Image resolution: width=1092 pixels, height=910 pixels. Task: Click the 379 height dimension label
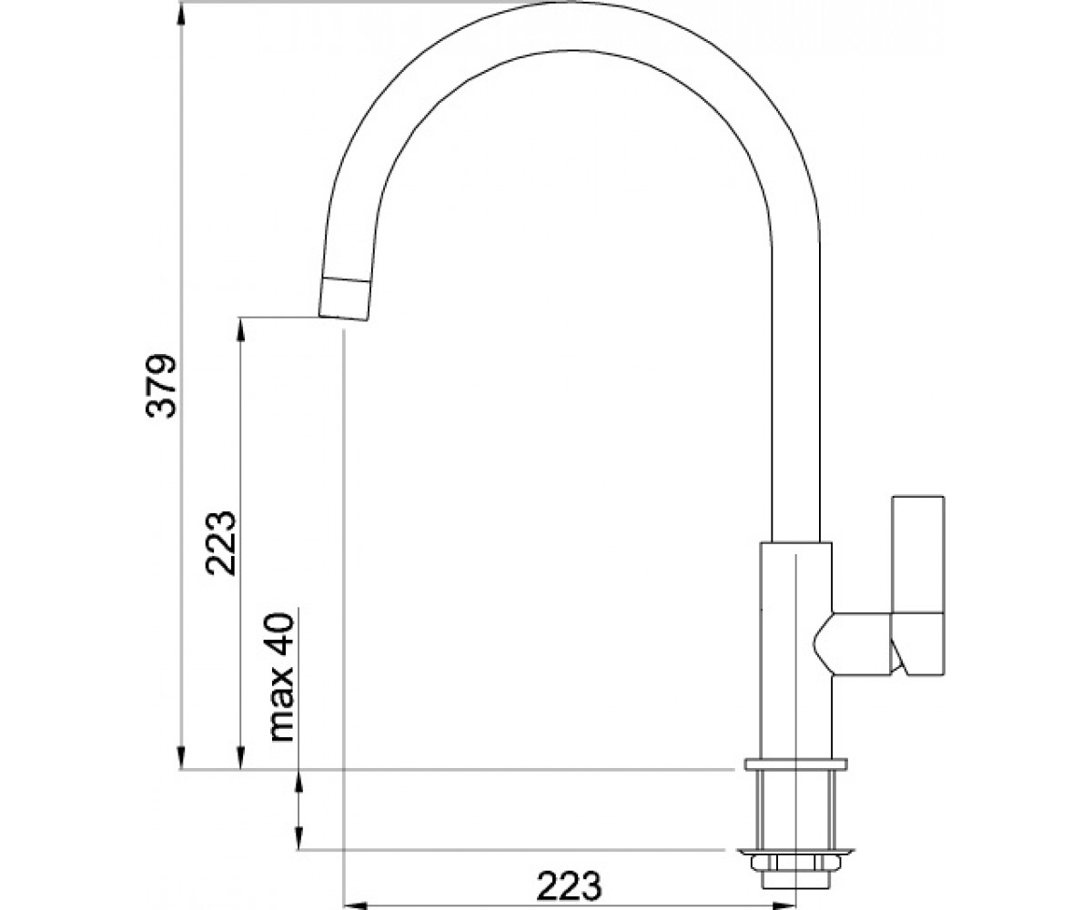[160, 386]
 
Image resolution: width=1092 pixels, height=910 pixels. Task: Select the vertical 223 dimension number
[220, 543]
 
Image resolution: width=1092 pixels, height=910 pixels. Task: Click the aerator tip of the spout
[345, 298]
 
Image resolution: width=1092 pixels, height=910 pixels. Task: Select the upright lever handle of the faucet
[918, 586]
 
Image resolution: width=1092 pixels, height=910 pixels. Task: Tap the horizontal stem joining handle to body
[852, 643]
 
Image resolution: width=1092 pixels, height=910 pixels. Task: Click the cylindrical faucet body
[795, 650]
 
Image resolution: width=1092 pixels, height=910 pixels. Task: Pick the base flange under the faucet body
[795, 764]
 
